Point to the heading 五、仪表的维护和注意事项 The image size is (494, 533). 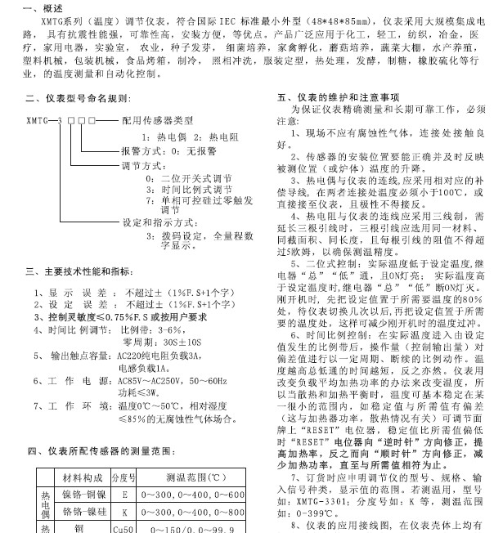point(330,96)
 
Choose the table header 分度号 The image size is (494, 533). point(123,477)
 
